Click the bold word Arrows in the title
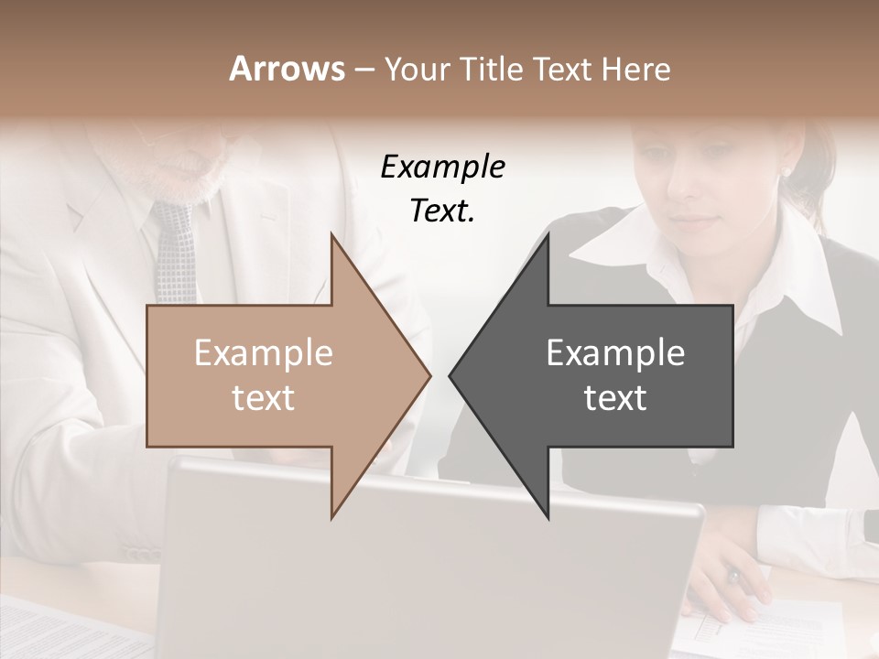click(x=287, y=69)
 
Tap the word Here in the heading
click(x=635, y=69)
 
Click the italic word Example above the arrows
click(x=442, y=167)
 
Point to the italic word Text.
click(x=442, y=211)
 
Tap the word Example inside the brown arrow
click(x=263, y=353)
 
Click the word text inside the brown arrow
click(x=263, y=398)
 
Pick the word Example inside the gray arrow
click(x=615, y=353)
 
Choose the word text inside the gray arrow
click(x=615, y=398)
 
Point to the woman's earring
click(x=785, y=171)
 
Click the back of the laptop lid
click(x=430, y=567)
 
